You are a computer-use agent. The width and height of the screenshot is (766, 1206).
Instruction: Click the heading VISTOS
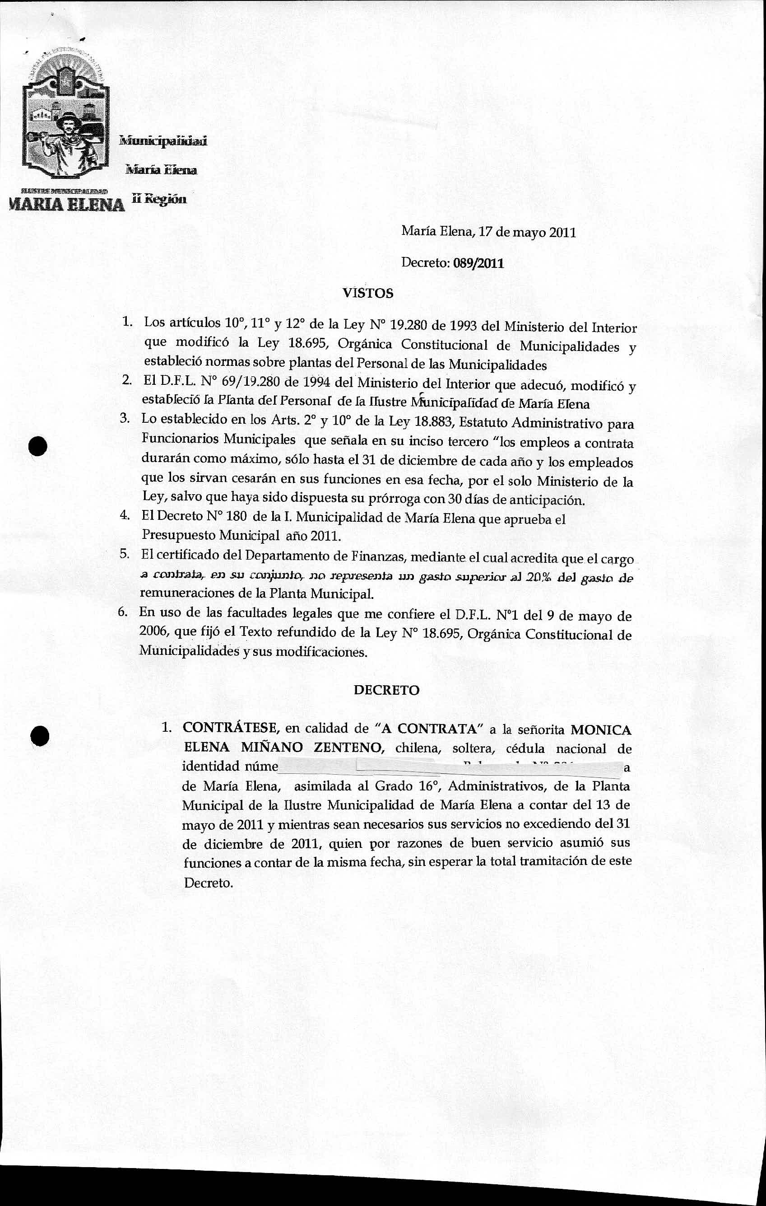coord(368,293)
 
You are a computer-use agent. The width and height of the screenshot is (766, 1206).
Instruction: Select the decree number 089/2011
coord(478,263)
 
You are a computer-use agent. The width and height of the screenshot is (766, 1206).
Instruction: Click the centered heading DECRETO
coord(386,690)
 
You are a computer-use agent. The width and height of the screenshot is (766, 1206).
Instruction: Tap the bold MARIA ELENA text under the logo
coord(65,205)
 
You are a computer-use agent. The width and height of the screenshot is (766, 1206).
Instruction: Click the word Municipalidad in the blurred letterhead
coord(162,141)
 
